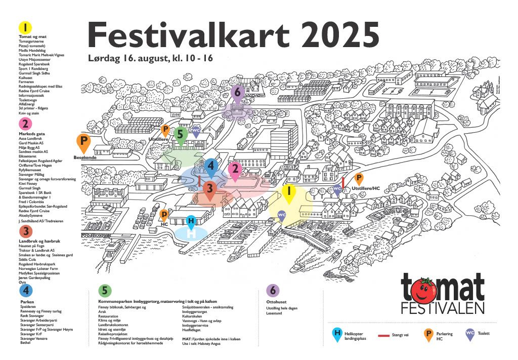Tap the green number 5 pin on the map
tap(180, 135)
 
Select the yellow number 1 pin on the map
tap(288, 192)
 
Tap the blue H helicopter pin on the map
tap(191, 221)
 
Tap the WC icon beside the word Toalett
tap(470, 335)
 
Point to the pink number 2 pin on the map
tap(234, 170)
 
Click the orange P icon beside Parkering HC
tap(428, 335)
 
